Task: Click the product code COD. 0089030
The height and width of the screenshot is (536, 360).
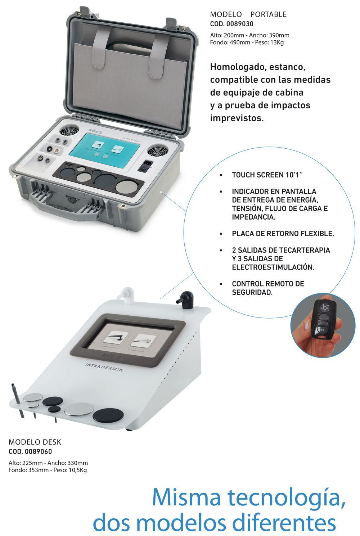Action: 231,24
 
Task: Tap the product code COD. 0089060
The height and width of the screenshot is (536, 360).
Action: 30,451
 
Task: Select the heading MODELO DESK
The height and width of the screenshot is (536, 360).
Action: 35,442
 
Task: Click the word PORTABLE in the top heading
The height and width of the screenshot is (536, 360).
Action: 268,14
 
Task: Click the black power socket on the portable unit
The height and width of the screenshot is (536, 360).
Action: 145,166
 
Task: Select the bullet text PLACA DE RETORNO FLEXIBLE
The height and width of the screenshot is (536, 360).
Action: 283,234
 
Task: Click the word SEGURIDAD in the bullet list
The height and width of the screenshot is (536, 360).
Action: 252,292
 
